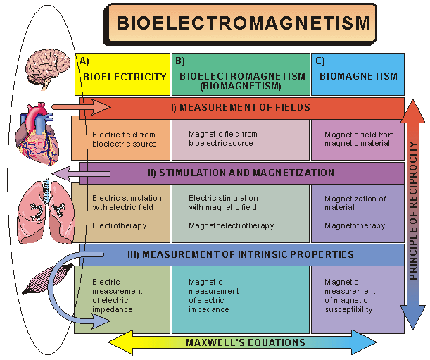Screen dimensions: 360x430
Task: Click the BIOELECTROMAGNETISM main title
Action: tap(243, 23)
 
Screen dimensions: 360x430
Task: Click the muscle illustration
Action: tap(44, 278)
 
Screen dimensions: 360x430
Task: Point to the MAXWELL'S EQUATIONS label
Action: tap(246, 343)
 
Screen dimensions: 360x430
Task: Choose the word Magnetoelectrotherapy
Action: tap(231, 225)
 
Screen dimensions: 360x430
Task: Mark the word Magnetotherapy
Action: tap(355, 225)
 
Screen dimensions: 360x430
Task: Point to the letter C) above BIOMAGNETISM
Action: tap(320, 61)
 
